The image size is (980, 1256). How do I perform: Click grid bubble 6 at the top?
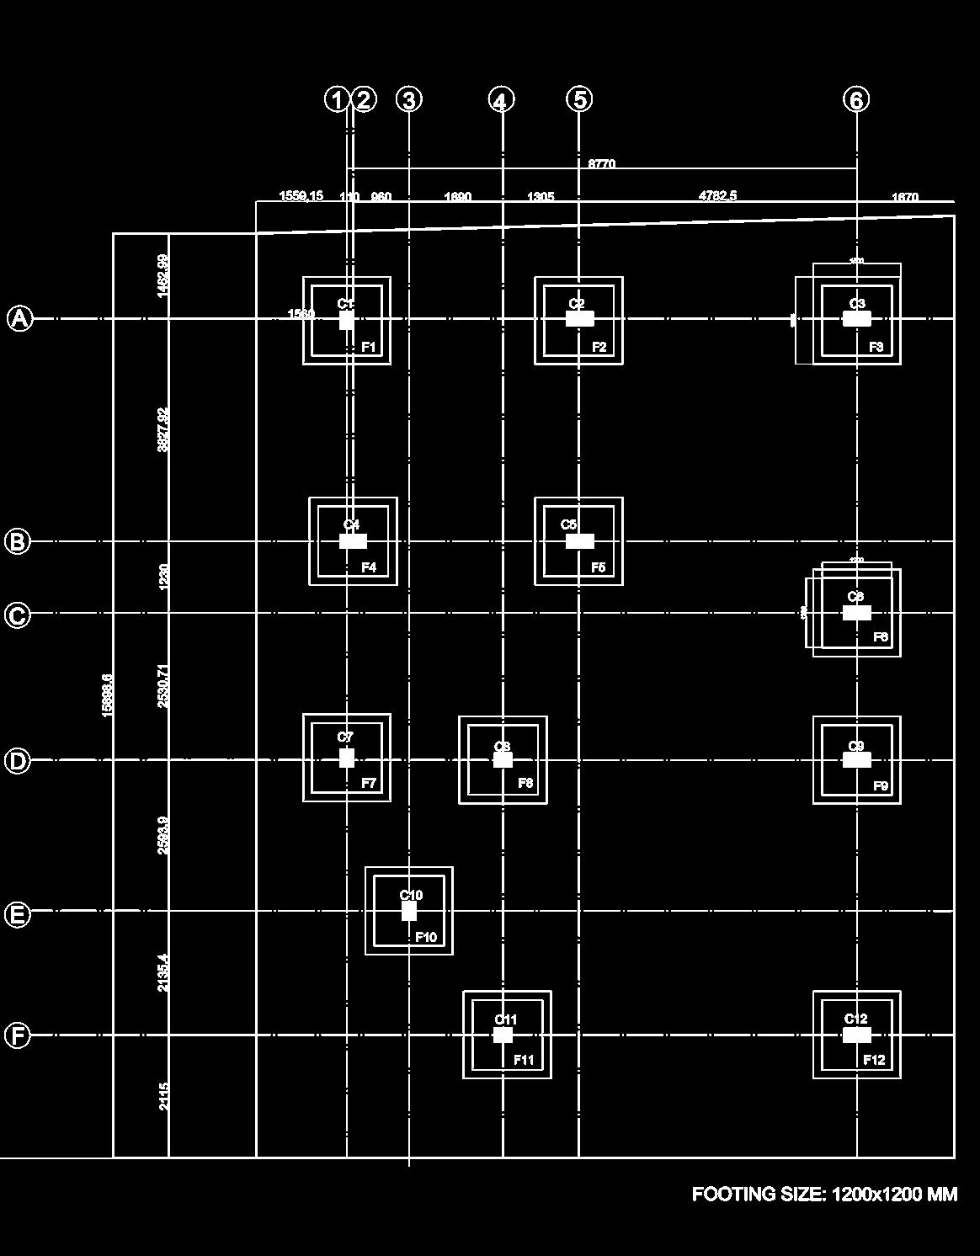(x=856, y=99)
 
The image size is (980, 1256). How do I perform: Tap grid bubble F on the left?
(x=18, y=1035)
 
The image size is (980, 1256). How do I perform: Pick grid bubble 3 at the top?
(x=408, y=99)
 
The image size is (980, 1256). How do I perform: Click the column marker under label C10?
(x=409, y=911)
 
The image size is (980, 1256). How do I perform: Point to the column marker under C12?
(x=856, y=1035)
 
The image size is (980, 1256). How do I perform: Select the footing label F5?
(x=598, y=567)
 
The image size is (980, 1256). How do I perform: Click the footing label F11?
(x=524, y=1060)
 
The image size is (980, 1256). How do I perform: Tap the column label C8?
(x=502, y=747)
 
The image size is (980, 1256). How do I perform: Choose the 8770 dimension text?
(x=601, y=164)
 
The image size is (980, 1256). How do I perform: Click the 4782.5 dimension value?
(x=717, y=196)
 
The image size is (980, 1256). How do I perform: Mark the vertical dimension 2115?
(x=164, y=1096)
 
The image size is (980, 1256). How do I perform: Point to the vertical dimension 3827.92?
(x=163, y=429)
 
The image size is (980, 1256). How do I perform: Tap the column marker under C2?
(x=579, y=319)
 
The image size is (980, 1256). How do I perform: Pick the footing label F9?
(x=881, y=786)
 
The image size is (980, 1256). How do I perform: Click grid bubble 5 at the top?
(x=579, y=99)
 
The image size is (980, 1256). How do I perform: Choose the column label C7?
(x=345, y=737)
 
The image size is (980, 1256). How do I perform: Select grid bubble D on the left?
(x=18, y=761)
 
